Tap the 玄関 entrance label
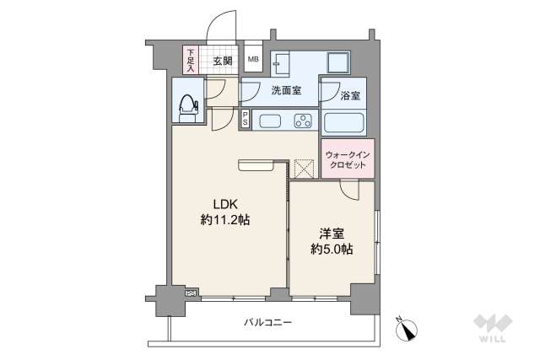click(x=223, y=61)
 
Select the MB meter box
click(x=253, y=61)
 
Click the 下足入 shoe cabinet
click(x=192, y=59)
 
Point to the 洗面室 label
click(x=286, y=91)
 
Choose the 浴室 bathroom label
click(x=350, y=96)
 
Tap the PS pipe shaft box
click(x=245, y=119)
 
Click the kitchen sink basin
click(x=269, y=121)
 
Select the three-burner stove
click(x=302, y=121)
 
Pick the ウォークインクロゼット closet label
click(x=348, y=159)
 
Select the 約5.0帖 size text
click(x=330, y=249)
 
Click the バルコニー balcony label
click(x=268, y=322)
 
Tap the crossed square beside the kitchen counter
click(x=303, y=167)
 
